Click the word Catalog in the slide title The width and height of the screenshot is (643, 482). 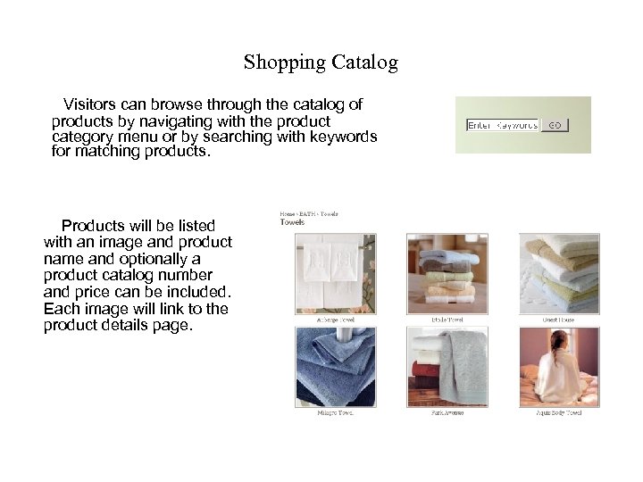pos(364,63)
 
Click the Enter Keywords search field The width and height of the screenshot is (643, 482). pos(503,125)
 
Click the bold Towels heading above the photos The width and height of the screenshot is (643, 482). pos(292,222)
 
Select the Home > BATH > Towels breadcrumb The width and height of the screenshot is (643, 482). pos(308,214)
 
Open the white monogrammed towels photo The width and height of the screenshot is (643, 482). pos(336,273)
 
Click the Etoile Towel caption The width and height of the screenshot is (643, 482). pos(447,320)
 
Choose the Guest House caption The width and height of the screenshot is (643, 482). pos(558,320)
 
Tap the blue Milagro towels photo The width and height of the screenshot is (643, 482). pos(336,366)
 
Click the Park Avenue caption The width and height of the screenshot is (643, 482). pos(447,413)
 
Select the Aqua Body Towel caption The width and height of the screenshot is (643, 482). pos(559,413)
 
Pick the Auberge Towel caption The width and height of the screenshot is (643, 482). pos(336,320)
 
